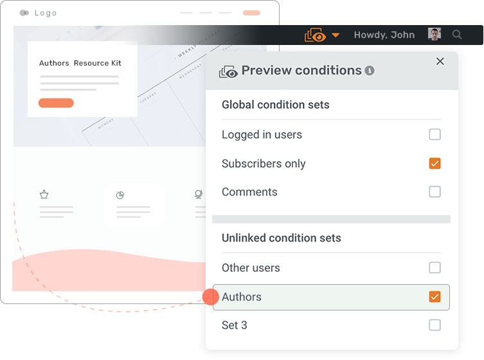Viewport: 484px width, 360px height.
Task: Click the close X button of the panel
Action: pyautogui.click(x=440, y=62)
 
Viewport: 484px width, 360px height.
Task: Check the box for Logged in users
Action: pyautogui.click(x=435, y=134)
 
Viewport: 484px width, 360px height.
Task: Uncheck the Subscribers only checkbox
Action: pyautogui.click(x=435, y=163)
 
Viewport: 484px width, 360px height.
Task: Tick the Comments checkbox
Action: pyautogui.click(x=435, y=192)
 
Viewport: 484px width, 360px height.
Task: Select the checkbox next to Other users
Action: pyautogui.click(x=435, y=267)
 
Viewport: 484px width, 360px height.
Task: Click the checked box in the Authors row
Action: pyautogui.click(x=435, y=297)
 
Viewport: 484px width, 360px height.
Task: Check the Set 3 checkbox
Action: pyautogui.click(x=435, y=325)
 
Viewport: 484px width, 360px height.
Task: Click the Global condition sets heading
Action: pyautogui.click(x=275, y=105)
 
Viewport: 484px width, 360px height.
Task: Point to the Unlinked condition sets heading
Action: pyautogui.click(x=281, y=238)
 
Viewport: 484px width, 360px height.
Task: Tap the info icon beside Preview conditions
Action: pyautogui.click(x=370, y=71)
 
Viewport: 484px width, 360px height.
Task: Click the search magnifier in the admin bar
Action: pyautogui.click(x=457, y=35)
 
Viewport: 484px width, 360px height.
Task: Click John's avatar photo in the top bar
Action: pyautogui.click(x=435, y=35)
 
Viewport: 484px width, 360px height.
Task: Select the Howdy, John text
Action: pyautogui.click(x=384, y=35)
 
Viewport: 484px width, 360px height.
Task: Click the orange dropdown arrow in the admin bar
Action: pyautogui.click(x=336, y=35)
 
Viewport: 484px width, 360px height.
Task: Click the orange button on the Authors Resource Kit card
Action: pyautogui.click(x=56, y=103)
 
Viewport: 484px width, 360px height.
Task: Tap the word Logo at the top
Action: pyautogui.click(x=46, y=13)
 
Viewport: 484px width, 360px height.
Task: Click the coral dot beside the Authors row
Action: pyautogui.click(x=210, y=297)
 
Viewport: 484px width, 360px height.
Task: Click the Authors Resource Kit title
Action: pyautogui.click(x=80, y=63)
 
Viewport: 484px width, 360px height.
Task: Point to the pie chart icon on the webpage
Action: pyautogui.click(x=120, y=195)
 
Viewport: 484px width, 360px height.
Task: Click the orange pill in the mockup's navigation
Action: pyautogui.click(x=251, y=13)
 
